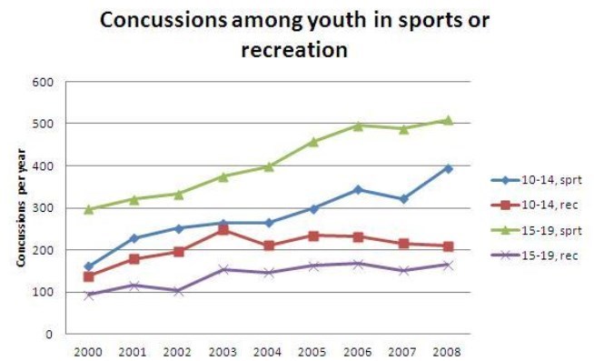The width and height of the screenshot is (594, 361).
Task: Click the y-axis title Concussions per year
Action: [19, 209]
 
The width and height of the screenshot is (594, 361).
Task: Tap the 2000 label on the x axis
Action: [88, 350]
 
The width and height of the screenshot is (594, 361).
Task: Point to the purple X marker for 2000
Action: [88, 295]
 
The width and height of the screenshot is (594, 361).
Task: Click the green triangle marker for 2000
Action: [88, 209]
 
